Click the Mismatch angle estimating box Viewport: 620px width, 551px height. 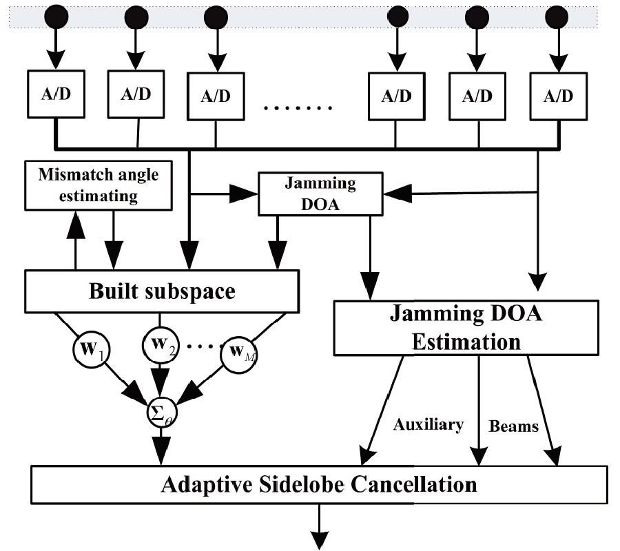99,185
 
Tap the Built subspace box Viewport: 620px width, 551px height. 162,291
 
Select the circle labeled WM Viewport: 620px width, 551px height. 238,353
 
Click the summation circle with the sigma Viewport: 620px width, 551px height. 162,413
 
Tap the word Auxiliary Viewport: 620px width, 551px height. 428,425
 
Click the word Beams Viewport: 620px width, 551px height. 513,427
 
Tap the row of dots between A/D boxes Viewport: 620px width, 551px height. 298,108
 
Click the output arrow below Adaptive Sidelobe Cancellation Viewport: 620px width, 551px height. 319,529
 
